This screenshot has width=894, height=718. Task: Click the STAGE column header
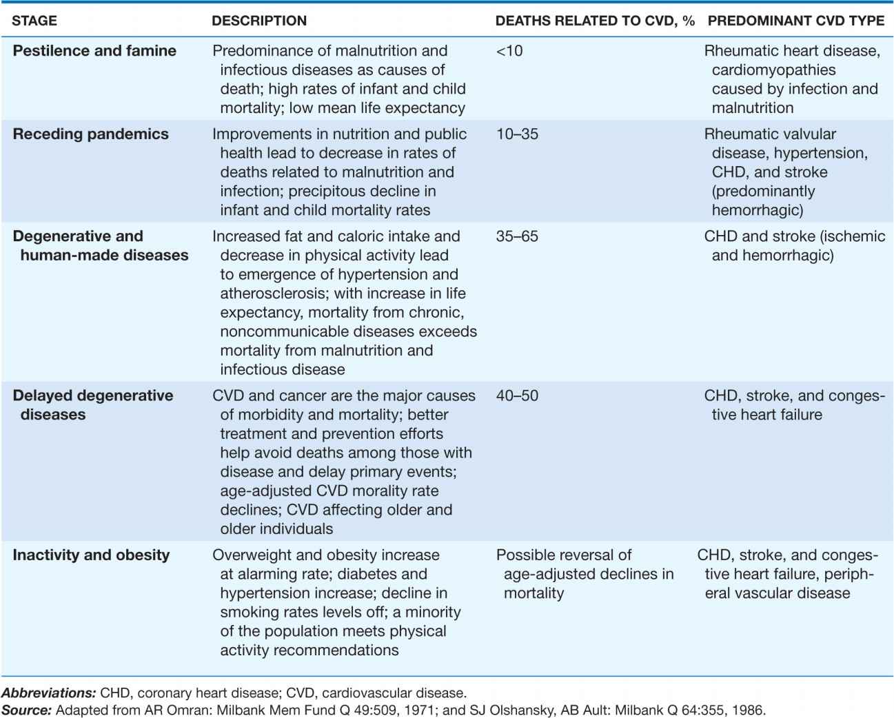pyautogui.click(x=34, y=21)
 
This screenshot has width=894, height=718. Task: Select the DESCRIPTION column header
pyautogui.click(x=259, y=21)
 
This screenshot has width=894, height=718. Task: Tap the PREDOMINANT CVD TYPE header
pyautogui.click(x=795, y=21)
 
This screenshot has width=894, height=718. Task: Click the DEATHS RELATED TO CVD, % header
pyautogui.click(x=595, y=21)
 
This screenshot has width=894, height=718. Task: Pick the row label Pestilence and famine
pyautogui.click(x=94, y=51)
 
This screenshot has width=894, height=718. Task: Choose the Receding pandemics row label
pyautogui.click(x=90, y=134)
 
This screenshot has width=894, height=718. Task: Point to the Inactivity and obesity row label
pyautogui.click(x=91, y=555)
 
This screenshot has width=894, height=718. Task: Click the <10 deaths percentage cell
pyautogui.click(x=509, y=51)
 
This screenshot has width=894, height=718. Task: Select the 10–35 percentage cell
pyautogui.click(x=517, y=134)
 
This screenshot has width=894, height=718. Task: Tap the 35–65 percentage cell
pyautogui.click(x=517, y=236)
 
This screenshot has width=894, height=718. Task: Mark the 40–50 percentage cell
pyautogui.click(x=517, y=396)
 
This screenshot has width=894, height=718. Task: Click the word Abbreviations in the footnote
pyautogui.click(x=48, y=693)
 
